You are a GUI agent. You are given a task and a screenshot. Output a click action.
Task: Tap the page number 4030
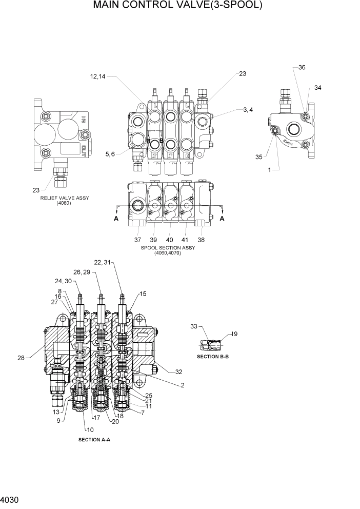pos(10,499)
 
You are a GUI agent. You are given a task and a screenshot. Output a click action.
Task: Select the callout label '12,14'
pos(97,77)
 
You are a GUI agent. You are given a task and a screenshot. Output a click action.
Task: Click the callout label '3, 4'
pos(248,109)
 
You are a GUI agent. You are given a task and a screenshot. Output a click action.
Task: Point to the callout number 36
pos(302,67)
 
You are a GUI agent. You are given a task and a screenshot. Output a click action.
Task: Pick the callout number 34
pos(318,88)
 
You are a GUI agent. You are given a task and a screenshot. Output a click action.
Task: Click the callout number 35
pos(258,156)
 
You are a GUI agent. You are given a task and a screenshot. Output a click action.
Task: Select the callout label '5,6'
pos(110,153)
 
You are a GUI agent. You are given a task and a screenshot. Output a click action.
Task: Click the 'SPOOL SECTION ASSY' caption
pos(168,248)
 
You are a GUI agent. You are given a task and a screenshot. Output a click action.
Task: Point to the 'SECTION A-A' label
pos(94,440)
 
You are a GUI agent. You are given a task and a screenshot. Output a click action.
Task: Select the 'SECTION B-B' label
pos(212,356)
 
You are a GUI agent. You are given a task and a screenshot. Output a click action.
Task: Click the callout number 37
pos(137,240)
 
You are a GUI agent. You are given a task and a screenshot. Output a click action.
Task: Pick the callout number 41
pos(185,240)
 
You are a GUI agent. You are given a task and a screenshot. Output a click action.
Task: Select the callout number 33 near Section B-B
pos(193,326)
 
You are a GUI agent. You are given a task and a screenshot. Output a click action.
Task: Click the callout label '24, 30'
pos(64,281)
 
